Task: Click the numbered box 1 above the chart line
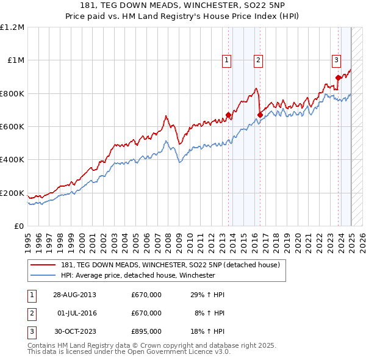click(226, 60)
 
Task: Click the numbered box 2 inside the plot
click(259, 60)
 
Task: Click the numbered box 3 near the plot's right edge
click(336, 60)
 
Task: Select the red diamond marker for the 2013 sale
click(229, 115)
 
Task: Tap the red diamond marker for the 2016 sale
click(260, 115)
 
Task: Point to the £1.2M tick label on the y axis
click(12, 27)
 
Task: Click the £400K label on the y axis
click(12, 160)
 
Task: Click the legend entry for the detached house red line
click(170, 265)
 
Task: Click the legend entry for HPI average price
click(138, 275)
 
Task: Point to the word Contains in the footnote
click(43, 345)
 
